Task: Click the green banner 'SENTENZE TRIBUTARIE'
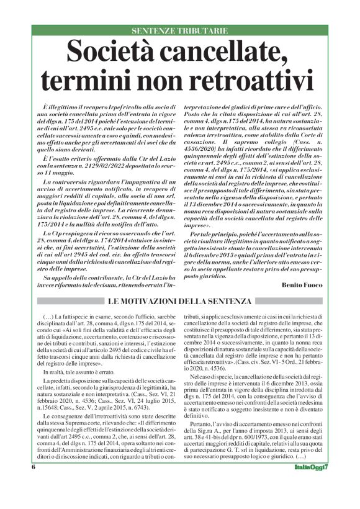[x=180, y=30]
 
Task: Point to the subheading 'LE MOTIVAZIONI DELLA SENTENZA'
[x=180, y=301]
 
